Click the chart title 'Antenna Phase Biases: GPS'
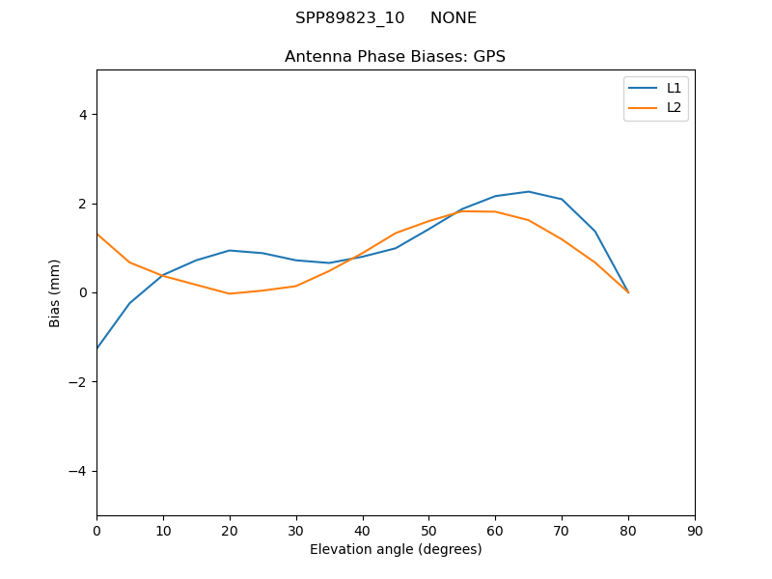tap(395, 57)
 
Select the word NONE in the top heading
tap(454, 18)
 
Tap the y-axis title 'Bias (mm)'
tap(55, 292)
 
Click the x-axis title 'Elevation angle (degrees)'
tap(396, 549)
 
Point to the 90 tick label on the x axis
tap(695, 530)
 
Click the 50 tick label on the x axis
tap(428, 530)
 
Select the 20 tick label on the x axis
tap(230, 530)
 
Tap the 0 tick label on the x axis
tap(96, 530)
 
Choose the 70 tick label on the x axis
tap(562, 530)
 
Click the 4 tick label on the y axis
tap(83, 115)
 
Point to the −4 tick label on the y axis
tap(79, 471)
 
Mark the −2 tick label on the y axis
tap(79, 382)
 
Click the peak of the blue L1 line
tap(529, 191)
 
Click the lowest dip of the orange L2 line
tap(230, 293)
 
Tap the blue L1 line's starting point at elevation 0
tap(97, 348)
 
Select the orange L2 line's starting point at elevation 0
tap(97, 234)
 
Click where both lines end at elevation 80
tap(628, 292)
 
